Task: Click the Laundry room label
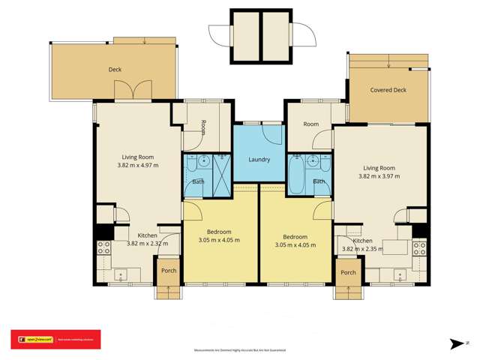coord(259,159)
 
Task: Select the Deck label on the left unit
coord(115,70)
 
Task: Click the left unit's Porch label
coord(168,271)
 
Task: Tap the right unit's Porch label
coord(348,272)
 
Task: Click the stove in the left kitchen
coord(103,247)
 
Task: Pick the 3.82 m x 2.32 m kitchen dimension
coord(147,243)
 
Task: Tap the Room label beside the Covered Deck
coord(310,124)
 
